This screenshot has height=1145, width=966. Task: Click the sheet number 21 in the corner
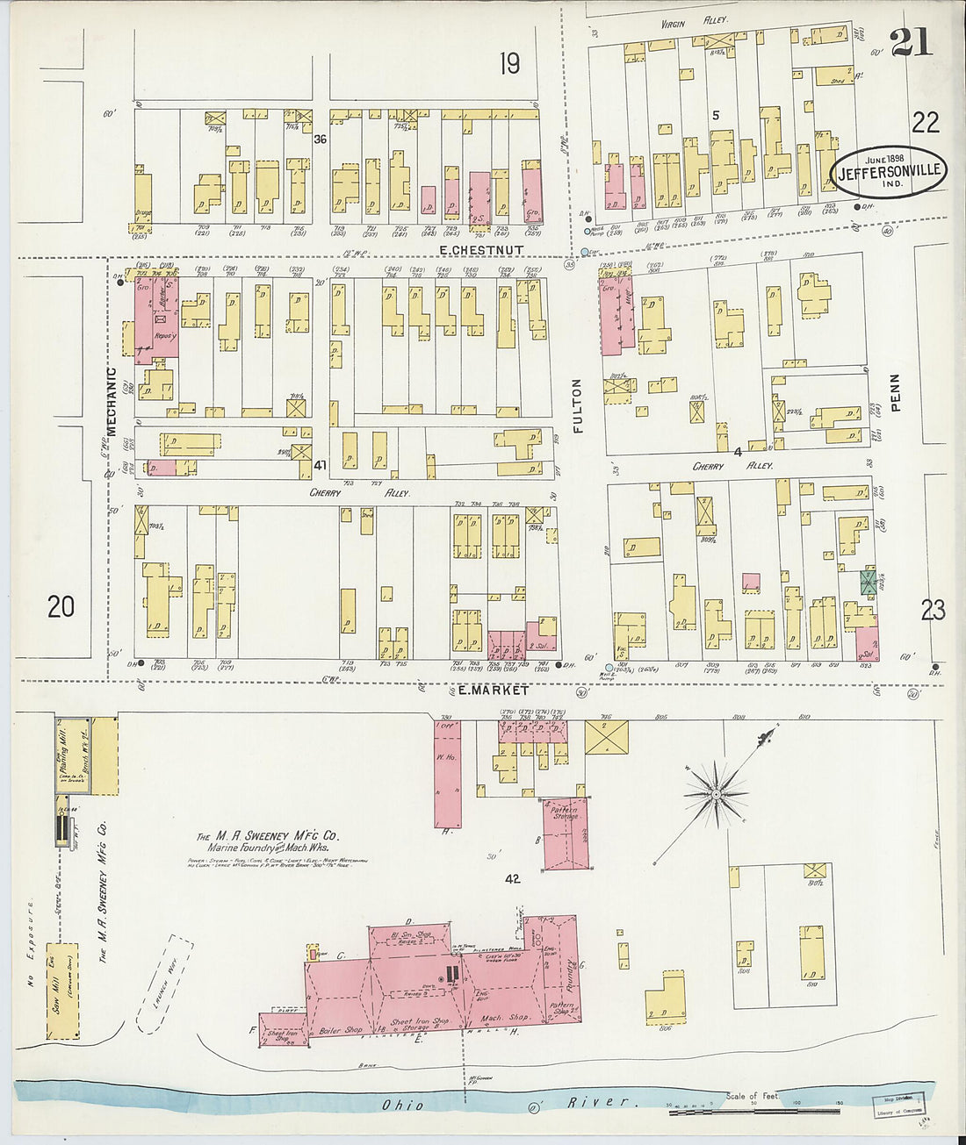tap(911, 42)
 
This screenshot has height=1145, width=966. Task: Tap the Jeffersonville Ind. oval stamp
tap(889, 170)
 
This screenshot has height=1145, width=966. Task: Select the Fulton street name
tap(577, 405)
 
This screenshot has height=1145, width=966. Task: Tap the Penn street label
tap(894, 392)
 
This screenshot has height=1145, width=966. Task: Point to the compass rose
tap(717, 795)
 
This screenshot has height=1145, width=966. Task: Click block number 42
tap(513, 878)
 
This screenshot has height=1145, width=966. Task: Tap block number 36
tap(320, 140)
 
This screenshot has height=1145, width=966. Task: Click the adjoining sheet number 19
tap(509, 63)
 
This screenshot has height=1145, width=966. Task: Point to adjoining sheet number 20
tap(61, 606)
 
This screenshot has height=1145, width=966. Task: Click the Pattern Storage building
tap(565, 833)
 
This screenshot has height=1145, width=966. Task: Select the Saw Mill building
tap(61, 991)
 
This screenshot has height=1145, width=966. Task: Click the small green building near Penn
tap(868, 582)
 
